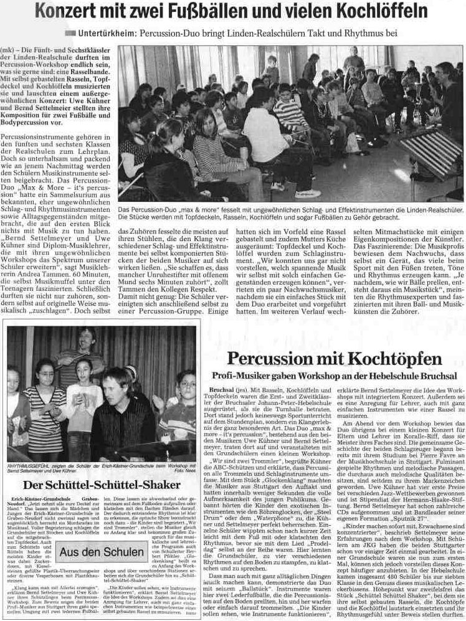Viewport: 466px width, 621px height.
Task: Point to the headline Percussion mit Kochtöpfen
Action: coord(335,359)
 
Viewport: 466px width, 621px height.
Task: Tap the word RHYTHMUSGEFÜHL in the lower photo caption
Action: coord(32,467)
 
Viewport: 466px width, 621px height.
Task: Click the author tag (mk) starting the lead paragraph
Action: coord(9,49)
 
